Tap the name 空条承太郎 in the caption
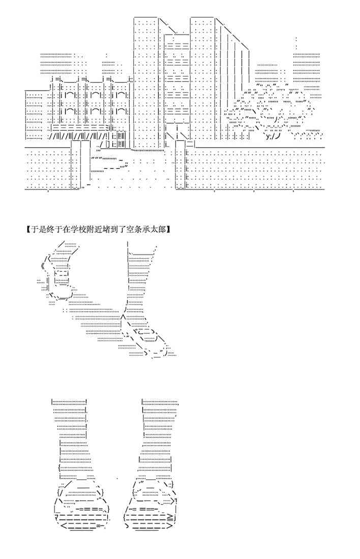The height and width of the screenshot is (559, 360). [147, 230]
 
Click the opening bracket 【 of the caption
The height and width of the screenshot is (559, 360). [27, 230]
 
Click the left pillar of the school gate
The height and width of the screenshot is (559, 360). [76, 165]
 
